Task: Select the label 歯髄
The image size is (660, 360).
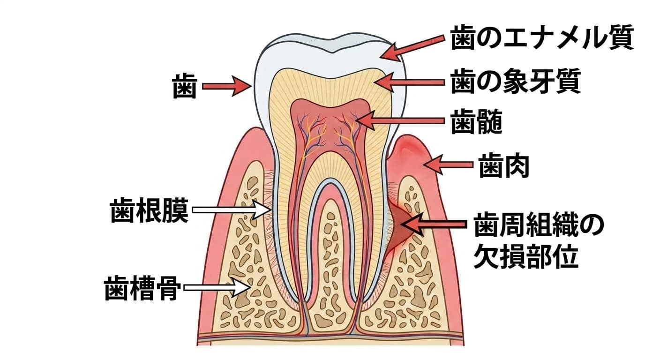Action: point(476,122)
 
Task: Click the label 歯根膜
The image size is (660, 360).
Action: point(149,210)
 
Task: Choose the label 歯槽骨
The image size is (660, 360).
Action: point(142,288)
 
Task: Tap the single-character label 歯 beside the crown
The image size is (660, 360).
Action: point(185,86)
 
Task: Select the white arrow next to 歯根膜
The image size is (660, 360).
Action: point(232,210)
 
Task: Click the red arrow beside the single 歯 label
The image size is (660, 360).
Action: point(227,86)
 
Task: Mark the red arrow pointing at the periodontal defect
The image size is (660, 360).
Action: point(434,225)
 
